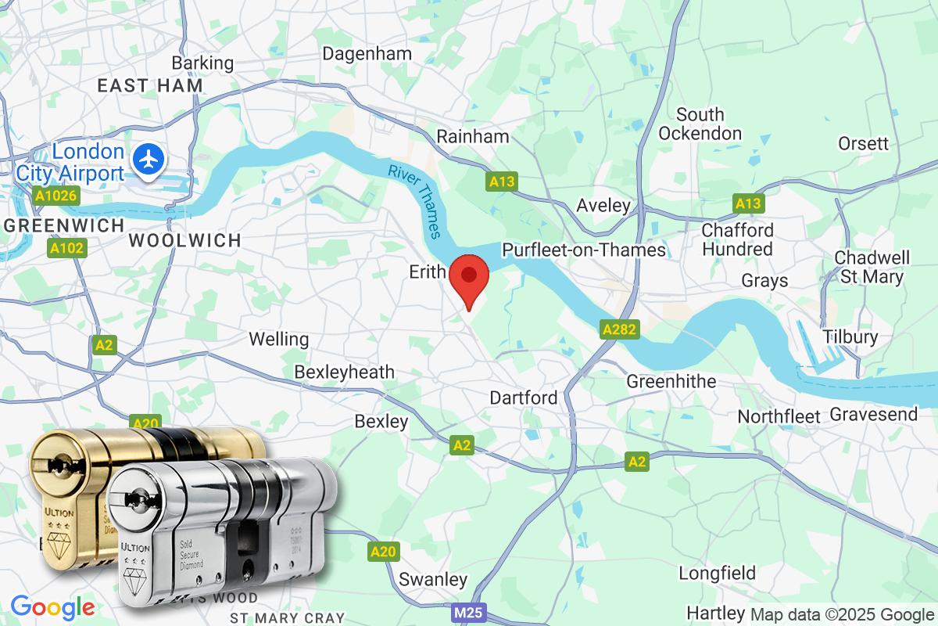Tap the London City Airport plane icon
pos(147,158)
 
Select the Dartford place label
pos(524,398)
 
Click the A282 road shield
pos(621,329)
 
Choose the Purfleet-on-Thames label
pos(584,250)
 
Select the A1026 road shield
pos(55,195)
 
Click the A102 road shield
pos(66,249)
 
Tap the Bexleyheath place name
pos(344,372)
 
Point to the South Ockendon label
pos(700,124)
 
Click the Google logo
pos(52,606)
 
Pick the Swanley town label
pos(433,580)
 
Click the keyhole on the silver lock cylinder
pos(138,496)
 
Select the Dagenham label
pos(367,54)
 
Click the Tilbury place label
pos(850,336)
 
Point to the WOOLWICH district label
pos(184,240)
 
